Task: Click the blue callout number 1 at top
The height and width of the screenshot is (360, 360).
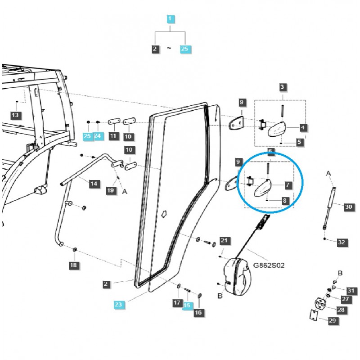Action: [x=170, y=19]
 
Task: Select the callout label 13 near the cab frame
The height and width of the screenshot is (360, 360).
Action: [x=15, y=115]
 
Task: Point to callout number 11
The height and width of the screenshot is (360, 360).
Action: [x=112, y=136]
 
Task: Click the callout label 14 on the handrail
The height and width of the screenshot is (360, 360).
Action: [x=94, y=184]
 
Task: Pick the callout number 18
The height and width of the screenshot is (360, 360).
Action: [x=73, y=265]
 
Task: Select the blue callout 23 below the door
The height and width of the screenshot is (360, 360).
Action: [x=119, y=305]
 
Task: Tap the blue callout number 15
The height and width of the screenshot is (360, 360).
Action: [x=187, y=306]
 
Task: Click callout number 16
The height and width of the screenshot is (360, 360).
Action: [x=198, y=312]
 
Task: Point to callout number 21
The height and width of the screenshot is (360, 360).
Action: [x=225, y=241]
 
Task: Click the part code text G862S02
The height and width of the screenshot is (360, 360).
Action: [x=269, y=266]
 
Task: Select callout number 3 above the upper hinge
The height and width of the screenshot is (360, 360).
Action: [x=283, y=87]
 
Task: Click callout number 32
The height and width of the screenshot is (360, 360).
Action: [x=342, y=242]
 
